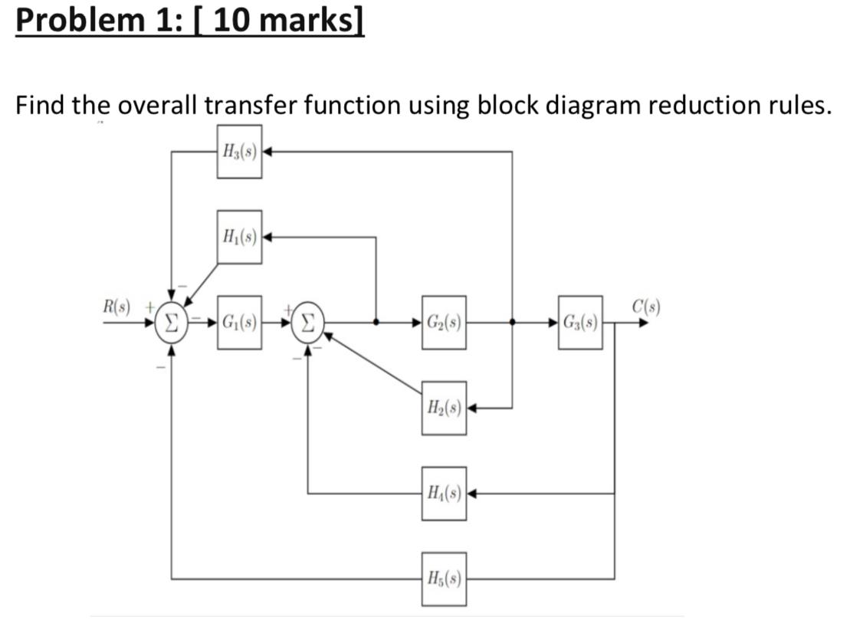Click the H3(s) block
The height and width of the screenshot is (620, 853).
tap(239, 152)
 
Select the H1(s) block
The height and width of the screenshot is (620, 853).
tap(239, 236)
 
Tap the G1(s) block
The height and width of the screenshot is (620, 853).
tap(239, 323)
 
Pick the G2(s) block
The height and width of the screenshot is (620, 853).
tap(443, 323)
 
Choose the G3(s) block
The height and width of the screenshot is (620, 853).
tap(580, 323)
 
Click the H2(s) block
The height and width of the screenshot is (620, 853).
tap(443, 408)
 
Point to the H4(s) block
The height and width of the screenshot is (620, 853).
tap(443, 494)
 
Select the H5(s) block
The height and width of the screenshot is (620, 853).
tap(443, 578)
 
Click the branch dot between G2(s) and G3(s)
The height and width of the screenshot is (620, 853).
tap(512, 323)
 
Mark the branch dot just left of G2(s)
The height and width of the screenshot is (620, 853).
tap(376, 323)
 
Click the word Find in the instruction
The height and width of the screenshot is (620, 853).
tap(42, 104)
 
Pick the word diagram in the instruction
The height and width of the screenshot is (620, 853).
tap(591, 104)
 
